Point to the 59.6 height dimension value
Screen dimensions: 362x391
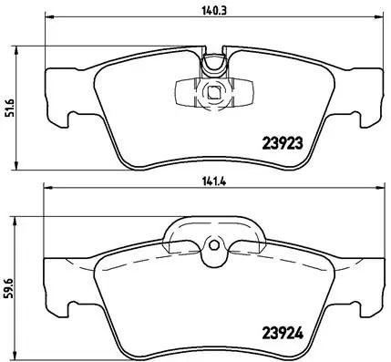click(9, 274)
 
